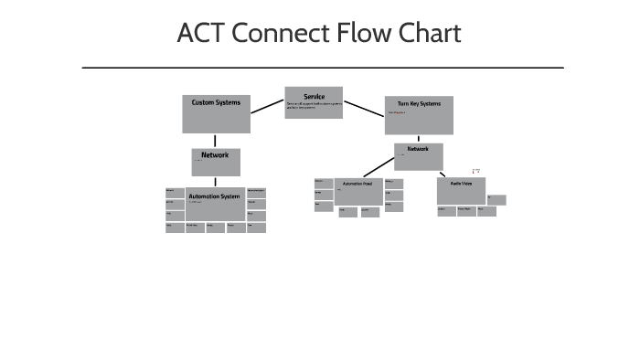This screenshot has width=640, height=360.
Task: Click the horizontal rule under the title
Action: (x=323, y=68)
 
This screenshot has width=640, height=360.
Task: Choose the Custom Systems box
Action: (x=216, y=114)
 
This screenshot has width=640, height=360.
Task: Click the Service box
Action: (x=314, y=102)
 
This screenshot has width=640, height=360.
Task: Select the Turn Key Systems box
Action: (x=419, y=114)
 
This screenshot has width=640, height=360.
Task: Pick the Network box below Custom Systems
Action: (x=216, y=162)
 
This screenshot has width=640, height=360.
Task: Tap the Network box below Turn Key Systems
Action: (x=418, y=156)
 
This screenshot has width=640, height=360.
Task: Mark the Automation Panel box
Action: (x=357, y=191)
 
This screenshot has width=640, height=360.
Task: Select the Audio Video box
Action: (x=461, y=191)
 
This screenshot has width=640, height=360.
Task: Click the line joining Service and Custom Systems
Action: (x=267, y=106)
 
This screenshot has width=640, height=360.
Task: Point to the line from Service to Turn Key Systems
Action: (x=364, y=109)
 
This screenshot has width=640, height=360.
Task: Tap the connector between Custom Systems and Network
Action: (x=216, y=141)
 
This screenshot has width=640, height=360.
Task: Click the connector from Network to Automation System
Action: (x=216, y=181)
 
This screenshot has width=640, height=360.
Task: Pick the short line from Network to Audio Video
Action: (x=442, y=174)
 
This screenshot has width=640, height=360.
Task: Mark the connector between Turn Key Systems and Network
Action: (x=419, y=138)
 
